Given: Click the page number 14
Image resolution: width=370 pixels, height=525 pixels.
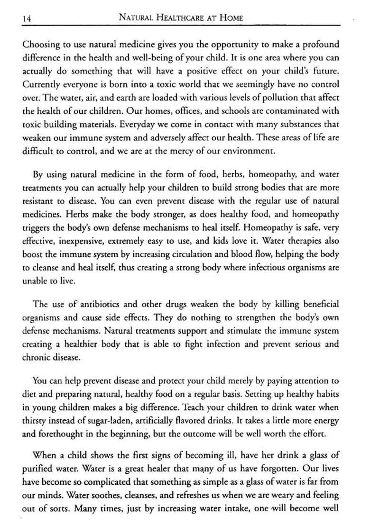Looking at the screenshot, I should [x=27, y=18].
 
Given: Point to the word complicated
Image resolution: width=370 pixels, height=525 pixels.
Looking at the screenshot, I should [x=106, y=482].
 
